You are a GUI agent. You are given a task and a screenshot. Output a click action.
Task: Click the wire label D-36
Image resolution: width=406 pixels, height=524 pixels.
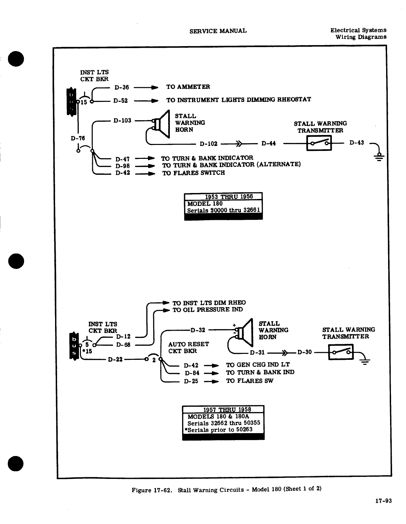(x=122, y=88)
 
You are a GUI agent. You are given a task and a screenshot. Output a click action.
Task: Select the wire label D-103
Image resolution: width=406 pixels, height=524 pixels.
(x=122, y=120)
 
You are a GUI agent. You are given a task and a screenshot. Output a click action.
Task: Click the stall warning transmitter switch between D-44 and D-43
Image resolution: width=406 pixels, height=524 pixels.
(x=319, y=144)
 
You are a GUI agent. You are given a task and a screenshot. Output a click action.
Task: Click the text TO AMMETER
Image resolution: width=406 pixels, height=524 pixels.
(x=188, y=87)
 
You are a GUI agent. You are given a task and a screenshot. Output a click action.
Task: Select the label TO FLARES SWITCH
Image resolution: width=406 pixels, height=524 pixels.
(x=193, y=173)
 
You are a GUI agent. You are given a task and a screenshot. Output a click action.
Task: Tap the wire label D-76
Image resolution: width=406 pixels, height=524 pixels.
(x=78, y=138)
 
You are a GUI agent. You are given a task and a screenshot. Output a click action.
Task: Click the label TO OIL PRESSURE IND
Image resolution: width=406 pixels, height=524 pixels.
(x=208, y=310)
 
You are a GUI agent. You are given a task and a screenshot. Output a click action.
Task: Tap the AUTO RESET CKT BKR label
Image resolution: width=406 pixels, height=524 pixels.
(x=188, y=348)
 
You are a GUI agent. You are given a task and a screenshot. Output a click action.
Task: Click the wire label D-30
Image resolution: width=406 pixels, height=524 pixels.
(x=304, y=352)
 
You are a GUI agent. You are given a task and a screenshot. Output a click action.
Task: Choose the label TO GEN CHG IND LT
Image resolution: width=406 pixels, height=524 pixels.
(x=258, y=364)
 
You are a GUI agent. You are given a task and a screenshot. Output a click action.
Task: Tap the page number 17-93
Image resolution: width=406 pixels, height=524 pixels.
(x=383, y=501)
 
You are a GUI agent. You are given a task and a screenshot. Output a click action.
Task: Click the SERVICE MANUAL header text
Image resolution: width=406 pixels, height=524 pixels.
(x=218, y=31)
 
